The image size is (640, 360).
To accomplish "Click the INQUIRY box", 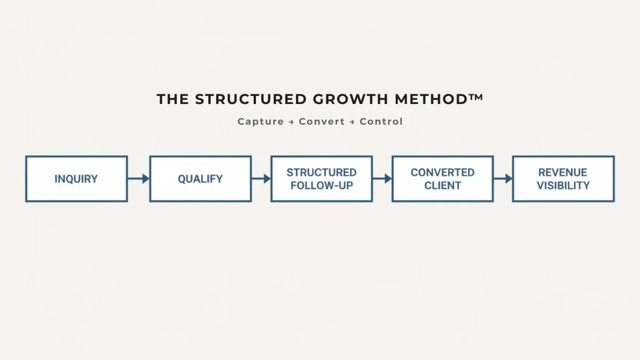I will point(76,179).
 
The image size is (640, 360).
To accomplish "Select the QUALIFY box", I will point(200,179).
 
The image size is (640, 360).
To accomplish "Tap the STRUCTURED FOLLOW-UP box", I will point(322,179).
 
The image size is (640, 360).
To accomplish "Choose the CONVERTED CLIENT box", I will point(443,179).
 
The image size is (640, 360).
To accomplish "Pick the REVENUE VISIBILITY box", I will point(563,179).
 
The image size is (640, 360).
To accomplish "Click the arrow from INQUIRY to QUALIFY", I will point(138,179).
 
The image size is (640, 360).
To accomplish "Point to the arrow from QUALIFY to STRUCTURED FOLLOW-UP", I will point(261,179).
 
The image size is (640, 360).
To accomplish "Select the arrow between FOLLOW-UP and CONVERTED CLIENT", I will point(382,179).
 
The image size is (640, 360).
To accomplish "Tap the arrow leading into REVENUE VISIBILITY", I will point(503,179).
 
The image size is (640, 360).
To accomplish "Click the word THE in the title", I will point(173,99).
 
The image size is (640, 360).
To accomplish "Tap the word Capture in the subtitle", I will point(261,122).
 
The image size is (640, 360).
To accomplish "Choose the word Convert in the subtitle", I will point(322,122).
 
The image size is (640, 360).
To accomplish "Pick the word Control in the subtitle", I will point(381,122).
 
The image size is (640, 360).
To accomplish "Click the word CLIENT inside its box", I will point(443,186).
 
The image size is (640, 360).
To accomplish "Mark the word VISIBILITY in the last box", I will point(563,186).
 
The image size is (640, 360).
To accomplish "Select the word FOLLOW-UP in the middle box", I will point(322,186).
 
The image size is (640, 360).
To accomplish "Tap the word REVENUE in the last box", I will point(563,172).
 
